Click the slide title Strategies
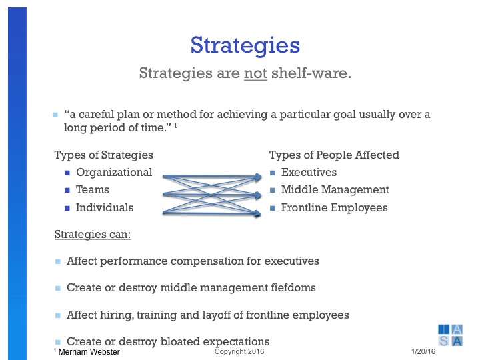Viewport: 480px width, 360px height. (245, 45)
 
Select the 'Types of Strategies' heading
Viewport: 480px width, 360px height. (103, 155)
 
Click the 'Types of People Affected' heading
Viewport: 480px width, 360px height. (334, 155)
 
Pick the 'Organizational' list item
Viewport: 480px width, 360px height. (114, 172)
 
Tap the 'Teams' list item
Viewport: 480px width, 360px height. (93, 190)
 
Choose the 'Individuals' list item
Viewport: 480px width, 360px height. (105, 207)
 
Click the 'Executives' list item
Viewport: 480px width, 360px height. (309, 172)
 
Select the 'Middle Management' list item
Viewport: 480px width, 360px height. (335, 190)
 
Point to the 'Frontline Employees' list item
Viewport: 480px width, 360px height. (334, 207)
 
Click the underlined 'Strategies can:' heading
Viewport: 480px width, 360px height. (92, 235)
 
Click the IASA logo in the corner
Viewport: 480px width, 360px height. (451, 335)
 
